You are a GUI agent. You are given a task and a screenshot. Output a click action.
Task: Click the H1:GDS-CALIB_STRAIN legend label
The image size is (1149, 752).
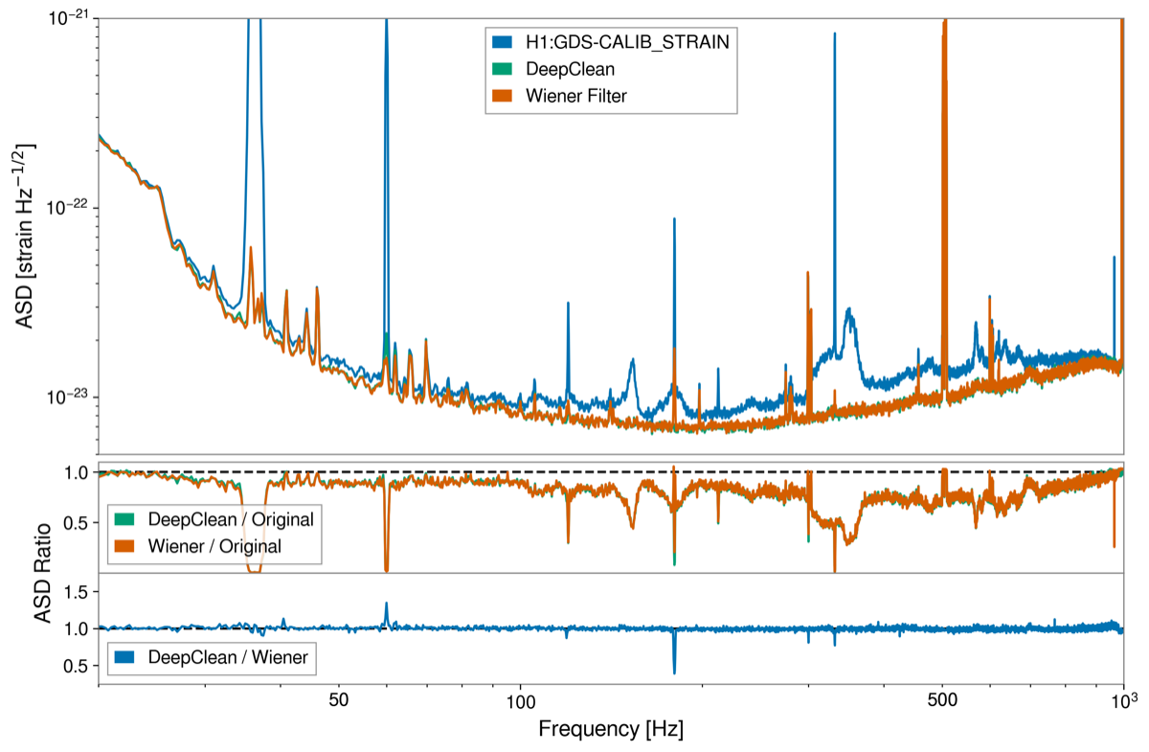click(626, 42)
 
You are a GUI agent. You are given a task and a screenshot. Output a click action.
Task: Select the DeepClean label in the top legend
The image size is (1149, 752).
click(571, 69)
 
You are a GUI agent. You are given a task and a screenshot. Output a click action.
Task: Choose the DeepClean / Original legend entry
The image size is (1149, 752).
click(230, 519)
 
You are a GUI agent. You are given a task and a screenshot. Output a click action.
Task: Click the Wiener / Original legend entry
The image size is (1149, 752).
click(215, 546)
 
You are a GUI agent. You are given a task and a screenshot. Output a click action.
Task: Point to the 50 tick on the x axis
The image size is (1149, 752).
click(338, 700)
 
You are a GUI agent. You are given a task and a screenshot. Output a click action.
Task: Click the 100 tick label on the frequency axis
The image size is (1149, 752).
click(520, 700)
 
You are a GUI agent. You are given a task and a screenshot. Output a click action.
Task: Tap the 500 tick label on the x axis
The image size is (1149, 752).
click(943, 700)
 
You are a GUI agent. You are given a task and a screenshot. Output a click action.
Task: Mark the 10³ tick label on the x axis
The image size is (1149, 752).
click(1122, 698)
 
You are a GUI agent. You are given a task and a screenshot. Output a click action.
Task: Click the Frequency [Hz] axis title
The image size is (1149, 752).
click(611, 729)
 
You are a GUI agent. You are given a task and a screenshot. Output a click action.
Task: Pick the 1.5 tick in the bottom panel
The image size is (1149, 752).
click(78, 593)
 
